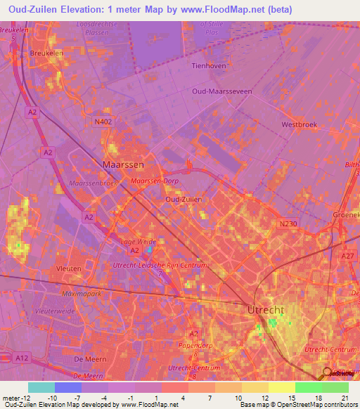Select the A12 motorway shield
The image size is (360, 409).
[x=22, y=358]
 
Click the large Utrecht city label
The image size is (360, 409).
[x=265, y=309]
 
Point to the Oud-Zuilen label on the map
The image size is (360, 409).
[x=184, y=200]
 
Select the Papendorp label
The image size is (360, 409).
[x=196, y=345]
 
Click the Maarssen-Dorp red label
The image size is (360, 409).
[x=155, y=182]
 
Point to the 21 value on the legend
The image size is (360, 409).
[x=344, y=398]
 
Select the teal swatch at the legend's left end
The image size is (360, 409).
[x=41, y=387]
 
